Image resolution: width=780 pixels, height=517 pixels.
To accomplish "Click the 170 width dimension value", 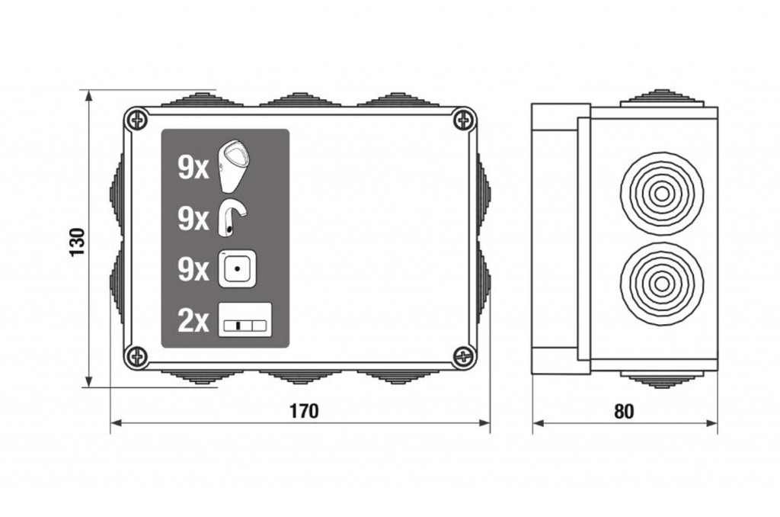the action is pyautogui.click(x=304, y=411).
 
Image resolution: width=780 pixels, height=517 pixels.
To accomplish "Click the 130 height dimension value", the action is pyautogui.click(x=78, y=242).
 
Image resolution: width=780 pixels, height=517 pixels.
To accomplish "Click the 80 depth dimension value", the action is pyautogui.click(x=625, y=412).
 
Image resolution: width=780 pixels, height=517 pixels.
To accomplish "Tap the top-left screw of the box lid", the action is pyautogui.click(x=136, y=120).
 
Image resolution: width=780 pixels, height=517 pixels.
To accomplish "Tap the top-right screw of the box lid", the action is pyautogui.click(x=464, y=120).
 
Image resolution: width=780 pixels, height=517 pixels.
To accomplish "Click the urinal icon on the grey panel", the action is pyautogui.click(x=235, y=166).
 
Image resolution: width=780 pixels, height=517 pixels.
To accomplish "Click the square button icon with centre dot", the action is pyautogui.click(x=238, y=268).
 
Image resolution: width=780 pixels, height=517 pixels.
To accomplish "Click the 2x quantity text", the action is pyautogui.click(x=193, y=321).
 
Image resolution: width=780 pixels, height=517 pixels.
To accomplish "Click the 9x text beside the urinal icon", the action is pyautogui.click(x=193, y=169).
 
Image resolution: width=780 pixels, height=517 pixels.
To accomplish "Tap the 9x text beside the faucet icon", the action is pyautogui.click(x=193, y=219).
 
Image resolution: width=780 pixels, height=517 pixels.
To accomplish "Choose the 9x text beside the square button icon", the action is pyautogui.click(x=193, y=269).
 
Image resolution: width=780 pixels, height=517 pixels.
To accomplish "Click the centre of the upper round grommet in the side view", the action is pyautogui.click(x=662, y=193).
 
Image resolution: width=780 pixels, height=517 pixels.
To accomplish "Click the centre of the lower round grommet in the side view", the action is pyautogui.click(x=662, y=283).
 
